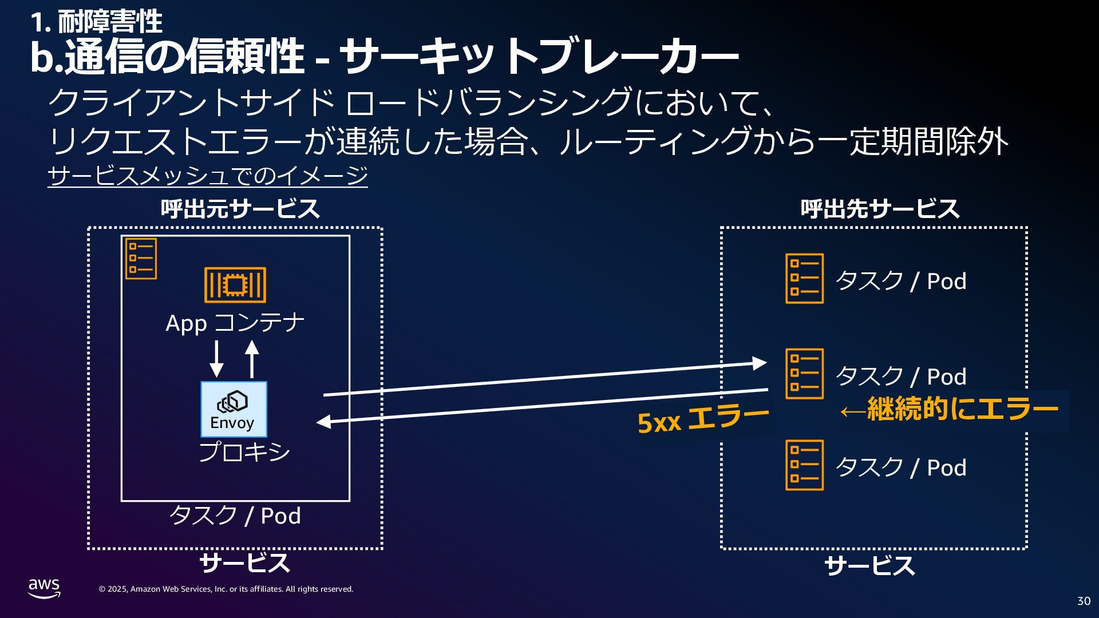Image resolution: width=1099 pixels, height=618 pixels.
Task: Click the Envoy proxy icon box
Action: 234,409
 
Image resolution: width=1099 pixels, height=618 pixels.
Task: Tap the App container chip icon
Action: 235,284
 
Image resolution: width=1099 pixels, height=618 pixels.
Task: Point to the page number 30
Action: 1084,601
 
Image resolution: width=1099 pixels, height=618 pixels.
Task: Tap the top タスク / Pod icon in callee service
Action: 804,279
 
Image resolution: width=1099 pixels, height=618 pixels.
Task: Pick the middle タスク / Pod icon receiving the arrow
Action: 804,374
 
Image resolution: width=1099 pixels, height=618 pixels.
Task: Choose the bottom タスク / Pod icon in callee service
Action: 804,465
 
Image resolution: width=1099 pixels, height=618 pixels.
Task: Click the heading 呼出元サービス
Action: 240,209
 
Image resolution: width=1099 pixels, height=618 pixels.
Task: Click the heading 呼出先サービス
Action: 880,209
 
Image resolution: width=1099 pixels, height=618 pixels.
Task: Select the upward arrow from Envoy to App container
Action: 252,359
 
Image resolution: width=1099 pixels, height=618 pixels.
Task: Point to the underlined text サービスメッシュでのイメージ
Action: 207,176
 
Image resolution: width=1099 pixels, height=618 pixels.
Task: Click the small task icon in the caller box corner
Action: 141,259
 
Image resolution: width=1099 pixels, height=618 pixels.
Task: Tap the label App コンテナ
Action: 235,323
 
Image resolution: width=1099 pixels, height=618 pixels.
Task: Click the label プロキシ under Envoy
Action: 244,452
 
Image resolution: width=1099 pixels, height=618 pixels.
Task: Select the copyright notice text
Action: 226,589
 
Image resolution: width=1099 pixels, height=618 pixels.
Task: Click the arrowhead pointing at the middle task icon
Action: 760,363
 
